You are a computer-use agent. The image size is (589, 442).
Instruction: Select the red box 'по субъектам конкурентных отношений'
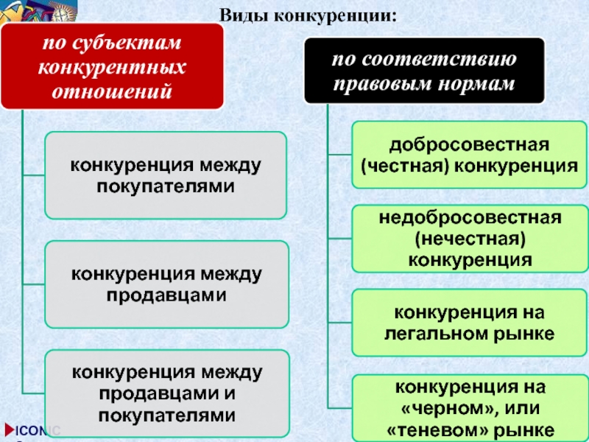(x=111, y=67)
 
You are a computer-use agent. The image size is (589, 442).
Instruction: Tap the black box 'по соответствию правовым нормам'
(x=424, y=72)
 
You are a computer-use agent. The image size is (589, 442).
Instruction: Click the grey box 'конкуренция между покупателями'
(x=166, y=175)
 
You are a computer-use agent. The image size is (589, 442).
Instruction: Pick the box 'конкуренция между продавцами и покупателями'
(x=166, y=393)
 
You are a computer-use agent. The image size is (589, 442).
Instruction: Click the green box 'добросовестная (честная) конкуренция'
(x=468, y=154)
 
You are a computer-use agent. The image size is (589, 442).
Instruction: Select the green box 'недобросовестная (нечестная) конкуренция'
(x=468, y=239)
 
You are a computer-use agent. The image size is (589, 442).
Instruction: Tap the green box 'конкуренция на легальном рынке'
(x=468, y=323)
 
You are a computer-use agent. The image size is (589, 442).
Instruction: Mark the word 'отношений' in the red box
(x=111, y=92)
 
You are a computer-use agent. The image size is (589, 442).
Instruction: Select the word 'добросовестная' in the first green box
(x=469, y=144)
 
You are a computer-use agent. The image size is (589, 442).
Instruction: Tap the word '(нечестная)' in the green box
(x=469, y=239)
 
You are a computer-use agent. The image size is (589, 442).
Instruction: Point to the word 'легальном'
(x=437, y=334)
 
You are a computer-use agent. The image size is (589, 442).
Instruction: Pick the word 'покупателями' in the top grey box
(x=166, y=186)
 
